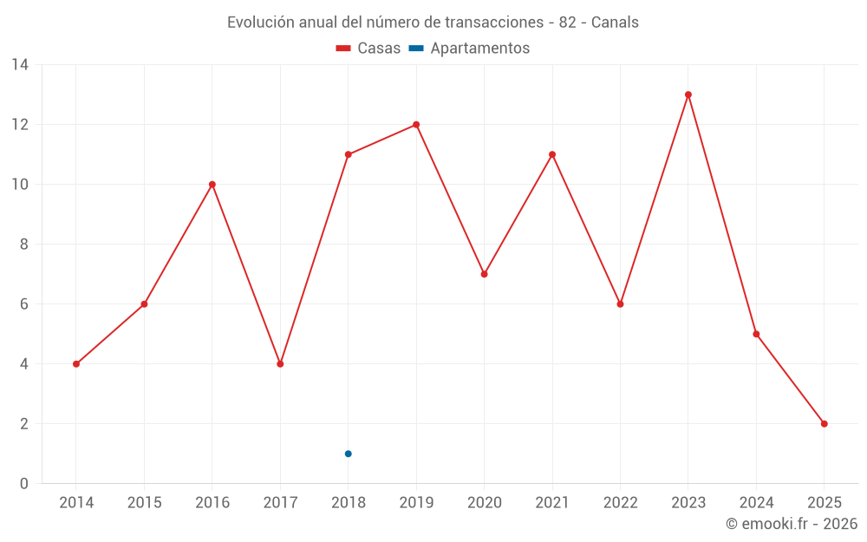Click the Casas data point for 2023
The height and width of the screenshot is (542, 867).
point(688,95)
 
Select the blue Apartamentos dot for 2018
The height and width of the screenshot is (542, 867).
point(348,454)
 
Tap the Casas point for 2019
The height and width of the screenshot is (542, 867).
point(416,125)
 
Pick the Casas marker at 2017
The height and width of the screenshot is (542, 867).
point(280,364)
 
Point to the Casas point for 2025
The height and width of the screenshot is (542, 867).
point(824,424)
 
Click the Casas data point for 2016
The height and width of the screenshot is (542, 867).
point(212,185)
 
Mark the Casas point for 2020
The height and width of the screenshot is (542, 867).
point(484,274)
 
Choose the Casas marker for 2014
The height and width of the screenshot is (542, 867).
point(76,364)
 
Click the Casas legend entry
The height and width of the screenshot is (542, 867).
point(368,49)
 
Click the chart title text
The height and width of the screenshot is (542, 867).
point(433,23)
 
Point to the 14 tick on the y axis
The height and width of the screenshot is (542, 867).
point(20,65)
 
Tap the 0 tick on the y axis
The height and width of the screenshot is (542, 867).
point(24,484)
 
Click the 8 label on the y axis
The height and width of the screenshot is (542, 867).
point(24,245)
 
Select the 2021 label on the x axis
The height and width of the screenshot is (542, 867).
point(552,503)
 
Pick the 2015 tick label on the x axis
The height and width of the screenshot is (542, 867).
point(144,503)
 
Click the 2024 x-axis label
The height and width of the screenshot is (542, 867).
point(756,503)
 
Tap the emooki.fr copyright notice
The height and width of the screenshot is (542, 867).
point(791,524)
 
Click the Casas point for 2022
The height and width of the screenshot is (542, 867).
point(620,304)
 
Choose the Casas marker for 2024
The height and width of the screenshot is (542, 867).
point(756,334)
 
